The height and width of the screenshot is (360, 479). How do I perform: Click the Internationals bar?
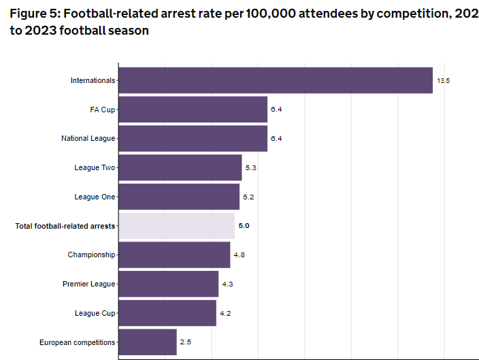276,80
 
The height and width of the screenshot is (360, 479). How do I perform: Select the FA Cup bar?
193,110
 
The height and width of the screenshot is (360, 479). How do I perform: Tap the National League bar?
193,138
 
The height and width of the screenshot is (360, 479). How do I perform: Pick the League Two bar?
180,167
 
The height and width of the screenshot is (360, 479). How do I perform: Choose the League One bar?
179,197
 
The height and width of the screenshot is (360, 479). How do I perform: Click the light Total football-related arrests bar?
177,225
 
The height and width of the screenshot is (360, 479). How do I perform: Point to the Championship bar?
174,255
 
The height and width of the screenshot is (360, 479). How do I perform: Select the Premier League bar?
169,284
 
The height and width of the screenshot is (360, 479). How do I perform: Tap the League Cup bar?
167,313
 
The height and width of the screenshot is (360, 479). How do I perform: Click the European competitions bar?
148,342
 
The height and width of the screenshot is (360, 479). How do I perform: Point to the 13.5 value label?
444,80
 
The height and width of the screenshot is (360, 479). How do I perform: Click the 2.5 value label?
186,342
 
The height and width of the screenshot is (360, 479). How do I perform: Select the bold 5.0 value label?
244,225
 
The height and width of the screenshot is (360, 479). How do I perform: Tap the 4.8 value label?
239,255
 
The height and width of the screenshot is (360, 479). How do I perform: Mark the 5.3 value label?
251,167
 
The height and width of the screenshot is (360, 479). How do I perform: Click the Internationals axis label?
93,80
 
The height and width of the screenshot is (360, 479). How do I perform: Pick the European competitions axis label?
78,342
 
